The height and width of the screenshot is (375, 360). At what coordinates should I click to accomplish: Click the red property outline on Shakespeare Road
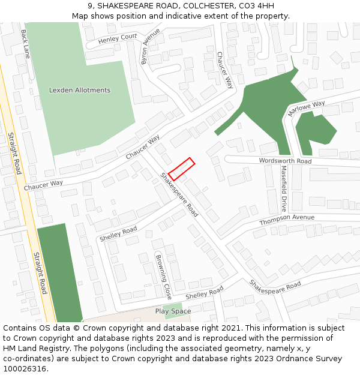click(181, 169)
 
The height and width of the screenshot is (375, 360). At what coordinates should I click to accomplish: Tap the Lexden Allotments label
click(80, 90)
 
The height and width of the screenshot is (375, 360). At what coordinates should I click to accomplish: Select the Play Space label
click(173, 311)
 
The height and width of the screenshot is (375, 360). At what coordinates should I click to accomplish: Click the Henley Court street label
click(118, 40)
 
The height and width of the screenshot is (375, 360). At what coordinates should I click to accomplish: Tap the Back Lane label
click(25, 44)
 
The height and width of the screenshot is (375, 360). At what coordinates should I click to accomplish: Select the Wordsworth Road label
click(285, 161)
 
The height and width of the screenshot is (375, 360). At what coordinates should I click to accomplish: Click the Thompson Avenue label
click(287, 220)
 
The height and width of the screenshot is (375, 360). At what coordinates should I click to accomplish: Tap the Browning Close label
click(164, 277)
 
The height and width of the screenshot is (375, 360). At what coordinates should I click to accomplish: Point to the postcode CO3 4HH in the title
click(259, 6)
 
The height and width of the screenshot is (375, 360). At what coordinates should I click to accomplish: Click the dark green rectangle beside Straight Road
click(59, 273)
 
